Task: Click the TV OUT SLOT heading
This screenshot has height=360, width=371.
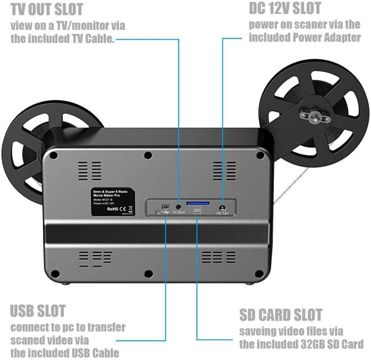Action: click(x=47, y=9)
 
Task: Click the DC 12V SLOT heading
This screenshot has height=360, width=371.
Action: click(x=285, y=9)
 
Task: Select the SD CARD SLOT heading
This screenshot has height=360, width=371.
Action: click(x=281, y=315)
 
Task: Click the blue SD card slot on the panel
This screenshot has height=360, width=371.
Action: click(x=198, y=203)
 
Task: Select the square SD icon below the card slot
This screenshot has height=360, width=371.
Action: click(x=197, y=211)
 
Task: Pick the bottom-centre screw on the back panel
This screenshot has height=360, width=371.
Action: click(x=148, y=273)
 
